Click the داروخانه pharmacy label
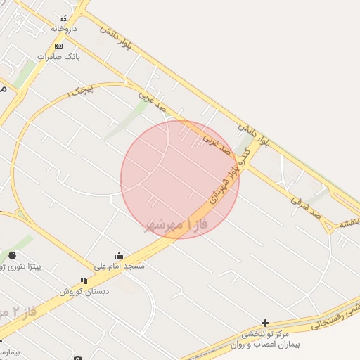(x=63, y=29)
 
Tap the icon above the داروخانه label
(x=64, y=18)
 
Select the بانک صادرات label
(x=58, y=56)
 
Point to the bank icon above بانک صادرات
(x=58, y=46)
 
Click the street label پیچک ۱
(x=80, y=90)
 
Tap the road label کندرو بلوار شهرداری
(x=224, y=182)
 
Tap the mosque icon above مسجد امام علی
(x=119, y=256)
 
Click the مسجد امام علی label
(x=120, y=266)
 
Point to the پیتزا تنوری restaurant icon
(x=13, y=255)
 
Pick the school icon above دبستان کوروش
(x=84, y=281)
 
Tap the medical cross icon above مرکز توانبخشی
(x=265, y=323)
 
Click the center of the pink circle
(x=180, y=179)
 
